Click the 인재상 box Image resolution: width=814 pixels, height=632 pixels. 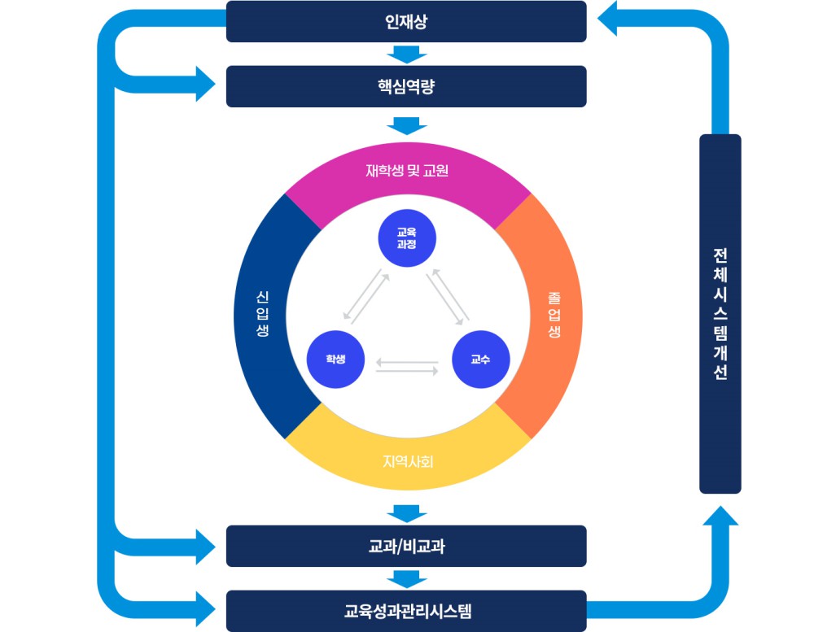click(x=405, y=21)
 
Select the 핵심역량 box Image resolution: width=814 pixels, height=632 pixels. click(x=405, y=86)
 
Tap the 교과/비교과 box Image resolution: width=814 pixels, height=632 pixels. click(x=405, y=546)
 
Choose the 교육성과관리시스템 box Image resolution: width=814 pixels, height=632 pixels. click(x=405, y=610)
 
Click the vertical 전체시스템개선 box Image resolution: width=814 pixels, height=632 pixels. click(x=720, y=313)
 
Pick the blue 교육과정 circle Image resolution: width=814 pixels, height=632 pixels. click(x=407, y=238)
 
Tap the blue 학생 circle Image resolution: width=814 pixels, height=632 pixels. click(x=335, y=359)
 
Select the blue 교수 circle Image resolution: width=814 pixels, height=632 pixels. click(x=480, y=359)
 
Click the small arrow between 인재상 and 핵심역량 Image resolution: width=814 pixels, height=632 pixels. click(x=407, y=54)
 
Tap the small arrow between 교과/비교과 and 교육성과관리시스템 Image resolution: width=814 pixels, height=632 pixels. click(x=407, y=578)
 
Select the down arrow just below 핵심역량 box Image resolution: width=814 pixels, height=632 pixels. click(x=407, y=125)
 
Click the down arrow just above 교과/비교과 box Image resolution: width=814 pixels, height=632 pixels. click(x=407, y=513)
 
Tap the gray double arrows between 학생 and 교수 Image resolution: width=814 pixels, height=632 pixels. click(x=407, y=367)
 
